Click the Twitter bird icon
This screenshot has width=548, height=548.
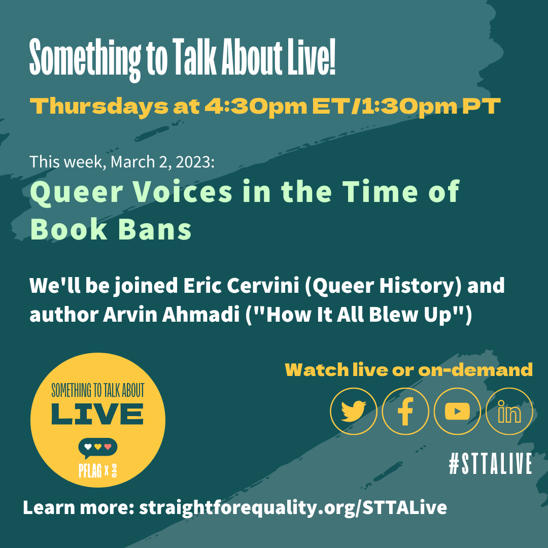[x=353, y=411]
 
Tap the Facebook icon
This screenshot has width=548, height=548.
[x=405, y=411]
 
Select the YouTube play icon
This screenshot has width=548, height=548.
[x=457, y=411]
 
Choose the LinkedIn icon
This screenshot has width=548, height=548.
[x=509, y=411]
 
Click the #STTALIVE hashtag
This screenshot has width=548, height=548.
[x=490, y=463]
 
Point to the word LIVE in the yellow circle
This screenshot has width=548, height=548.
[x=97, y=414]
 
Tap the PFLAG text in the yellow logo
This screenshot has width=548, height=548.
[x=90, y=470]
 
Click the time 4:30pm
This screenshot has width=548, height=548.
[x=255, y=106]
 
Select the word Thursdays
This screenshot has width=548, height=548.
[x=99, y=106]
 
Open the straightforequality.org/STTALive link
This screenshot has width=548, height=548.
[x=293, y=507]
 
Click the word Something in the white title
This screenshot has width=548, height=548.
[x=85, y=58]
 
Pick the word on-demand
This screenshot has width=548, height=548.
[x=475, y=370]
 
